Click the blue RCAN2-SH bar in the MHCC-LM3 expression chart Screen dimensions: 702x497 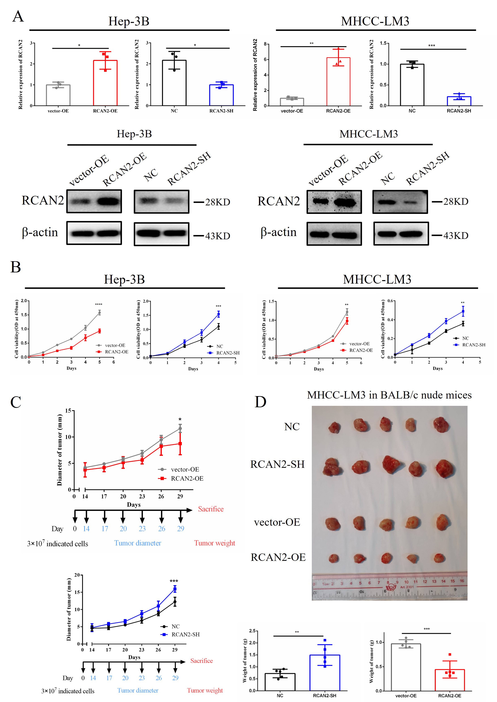[459, 101]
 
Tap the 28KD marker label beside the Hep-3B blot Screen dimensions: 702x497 [217, 202]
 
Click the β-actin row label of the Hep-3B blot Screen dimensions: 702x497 [40, 233]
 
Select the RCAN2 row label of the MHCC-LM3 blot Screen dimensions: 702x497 [278, 201]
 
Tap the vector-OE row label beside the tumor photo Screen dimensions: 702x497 [277, 522]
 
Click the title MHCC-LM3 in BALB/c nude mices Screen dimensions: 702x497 [389, 395]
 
